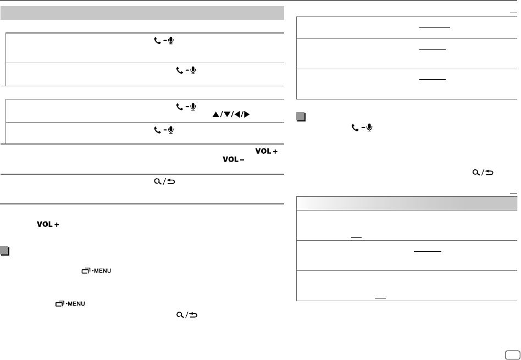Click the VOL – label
click(x=233, y=160)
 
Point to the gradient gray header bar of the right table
click(x=407, y=202)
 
